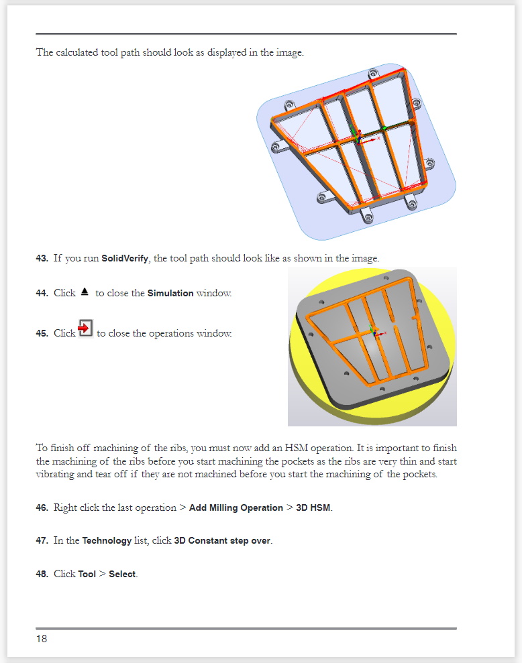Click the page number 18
tap(42, 639)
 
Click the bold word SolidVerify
tap(124, 259)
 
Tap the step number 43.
tap(42, 259)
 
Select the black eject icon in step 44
tap(85, 292)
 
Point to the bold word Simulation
tap(170, 294)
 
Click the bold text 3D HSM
tap(313, 508)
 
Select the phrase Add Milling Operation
tap(236, 508)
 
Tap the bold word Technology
tap(107, 541)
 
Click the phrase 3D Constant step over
tap(223, 541)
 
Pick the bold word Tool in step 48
tap(87, 575)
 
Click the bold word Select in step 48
tap(123, 575)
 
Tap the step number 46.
tap(42, 508)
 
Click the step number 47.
tap(42, 541)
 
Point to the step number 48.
tap(42, 575)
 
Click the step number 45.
tap(42, 334)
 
